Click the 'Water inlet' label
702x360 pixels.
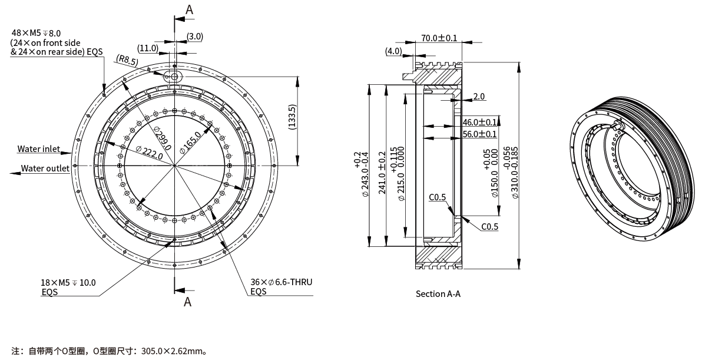[39, 149]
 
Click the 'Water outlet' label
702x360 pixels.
[45, 169]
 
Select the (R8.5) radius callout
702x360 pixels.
[128, 60]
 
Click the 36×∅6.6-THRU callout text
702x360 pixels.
[281, 282]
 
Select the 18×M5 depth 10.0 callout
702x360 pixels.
[68, 282]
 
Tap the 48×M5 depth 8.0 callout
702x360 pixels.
[36, 33]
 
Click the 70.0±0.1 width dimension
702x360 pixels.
[439, 38]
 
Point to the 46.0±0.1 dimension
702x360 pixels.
[479, 123]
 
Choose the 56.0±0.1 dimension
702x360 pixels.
[479, 134]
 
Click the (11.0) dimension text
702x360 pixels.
[148, 48]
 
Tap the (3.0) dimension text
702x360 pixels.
[195, 37]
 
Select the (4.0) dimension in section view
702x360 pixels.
[393, 51]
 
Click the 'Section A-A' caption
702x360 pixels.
[438, 293]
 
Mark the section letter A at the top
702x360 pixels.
[189, 9]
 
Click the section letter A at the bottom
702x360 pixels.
[188, 302]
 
